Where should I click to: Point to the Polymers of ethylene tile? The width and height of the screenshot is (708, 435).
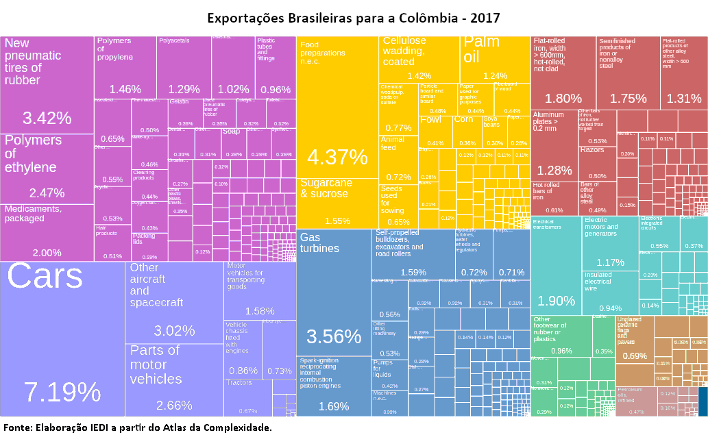pos(47,169)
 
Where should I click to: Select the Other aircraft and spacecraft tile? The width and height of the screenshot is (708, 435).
pos(174,301)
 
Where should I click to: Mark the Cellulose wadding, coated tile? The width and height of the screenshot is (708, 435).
pos(419,59)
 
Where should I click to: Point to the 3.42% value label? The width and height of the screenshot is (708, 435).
pos(47,118)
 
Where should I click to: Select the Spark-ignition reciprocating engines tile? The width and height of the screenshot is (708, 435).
pos(333,386)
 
